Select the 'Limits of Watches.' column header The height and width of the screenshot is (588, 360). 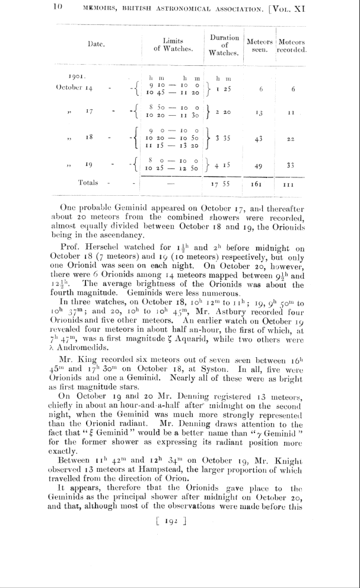point(173,45)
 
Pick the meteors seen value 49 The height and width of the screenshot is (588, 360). point(257,167)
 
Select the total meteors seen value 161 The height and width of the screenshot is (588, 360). point(257,185)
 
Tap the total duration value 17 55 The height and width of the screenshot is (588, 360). point(220,185)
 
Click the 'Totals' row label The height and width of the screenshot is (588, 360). point(88,182)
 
